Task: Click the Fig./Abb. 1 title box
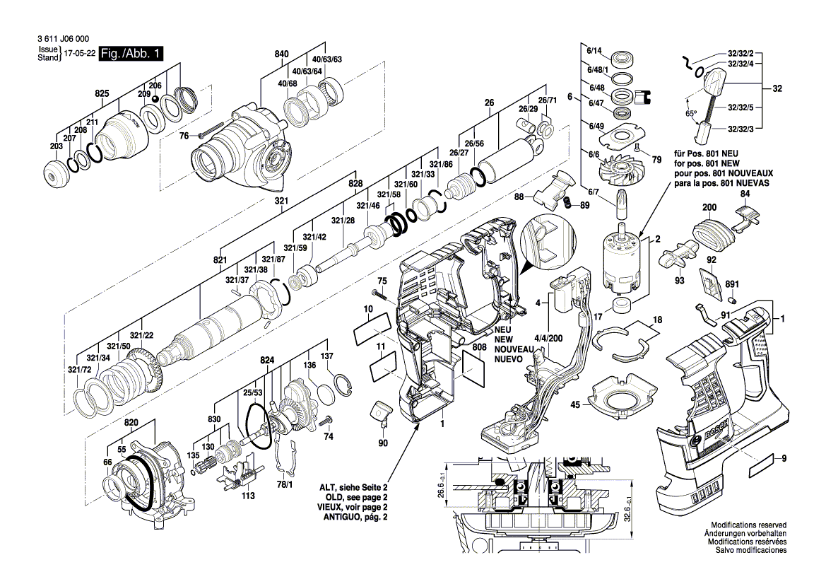[131, 54]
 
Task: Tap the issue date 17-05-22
[78, 54]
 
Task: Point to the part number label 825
[102, 93]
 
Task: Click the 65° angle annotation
[692, 112]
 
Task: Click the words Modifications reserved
[750, 524]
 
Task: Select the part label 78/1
[282, 485]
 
